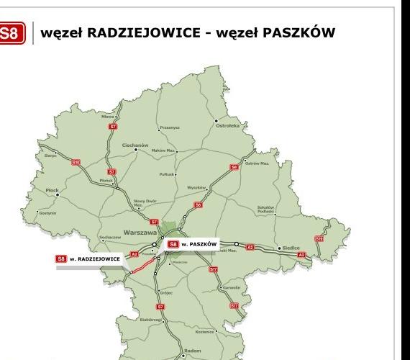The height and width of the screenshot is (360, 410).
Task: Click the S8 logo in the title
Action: (12, 33)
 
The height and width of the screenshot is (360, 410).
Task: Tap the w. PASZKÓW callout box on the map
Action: (192, 245)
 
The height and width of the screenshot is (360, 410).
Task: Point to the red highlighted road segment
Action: (142, 266)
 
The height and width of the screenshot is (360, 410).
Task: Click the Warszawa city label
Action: (140, 233)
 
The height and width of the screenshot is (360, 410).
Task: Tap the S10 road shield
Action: (76, 163)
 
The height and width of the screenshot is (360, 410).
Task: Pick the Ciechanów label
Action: (135, 145)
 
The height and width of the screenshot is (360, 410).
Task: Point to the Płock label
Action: (52, 191)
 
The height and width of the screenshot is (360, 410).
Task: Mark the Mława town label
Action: (108, 115)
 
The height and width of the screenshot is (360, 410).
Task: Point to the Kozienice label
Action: (206, 332)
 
